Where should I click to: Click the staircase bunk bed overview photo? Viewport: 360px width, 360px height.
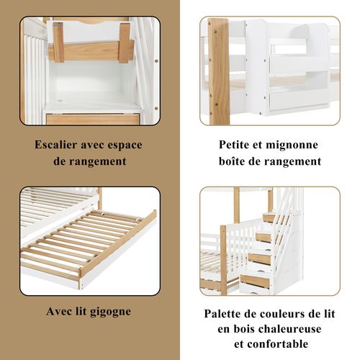tap(269, 240)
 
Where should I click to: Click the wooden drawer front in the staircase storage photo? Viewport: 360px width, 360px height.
tap(94, 119)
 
